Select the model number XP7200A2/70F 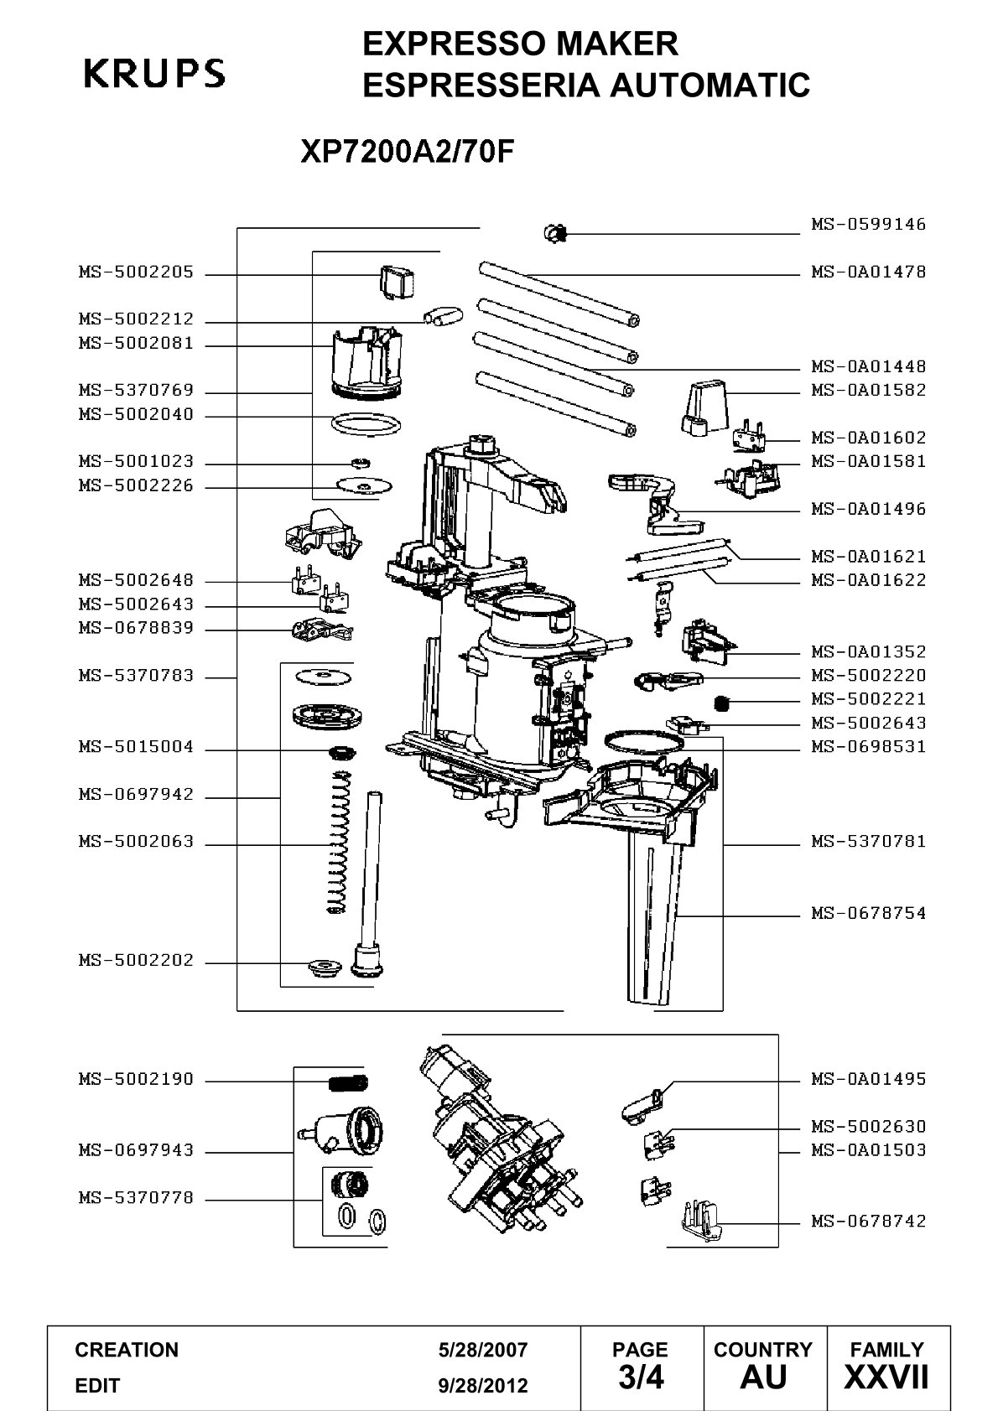(408, 151)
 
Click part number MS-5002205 (136, 272)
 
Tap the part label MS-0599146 (869, 224)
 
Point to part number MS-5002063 (136, 842)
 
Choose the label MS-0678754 (869, 913)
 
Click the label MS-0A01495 (869, 1079)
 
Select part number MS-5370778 (136, 1197)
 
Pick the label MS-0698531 (869, 746)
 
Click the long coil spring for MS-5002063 (339, 843)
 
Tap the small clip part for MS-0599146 (556, 234)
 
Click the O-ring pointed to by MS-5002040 (366, 424)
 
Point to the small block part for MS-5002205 (397, 281)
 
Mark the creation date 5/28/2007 (483, 1350)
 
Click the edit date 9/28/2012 (483, 1386)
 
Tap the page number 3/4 (641, 1377)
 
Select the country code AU (764, 1377)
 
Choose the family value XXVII (886, 1377)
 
